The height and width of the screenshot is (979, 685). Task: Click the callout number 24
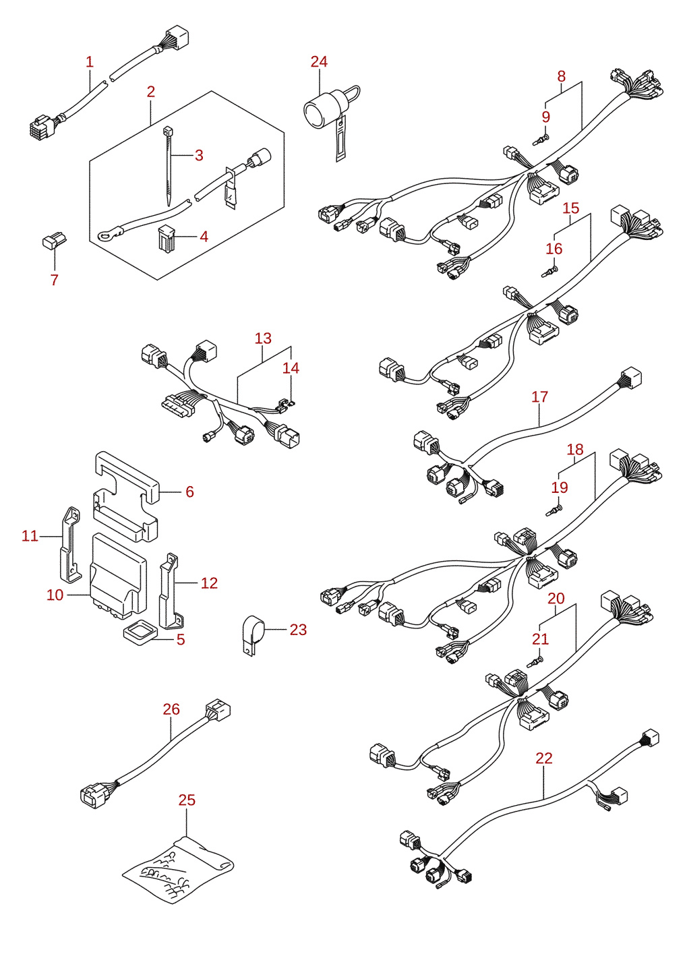[319, 61]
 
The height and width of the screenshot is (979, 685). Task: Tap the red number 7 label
[54, 280]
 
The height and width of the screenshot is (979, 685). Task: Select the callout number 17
[540, 397]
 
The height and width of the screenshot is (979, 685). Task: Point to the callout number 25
[187, 800]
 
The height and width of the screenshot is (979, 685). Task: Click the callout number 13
[263, 338]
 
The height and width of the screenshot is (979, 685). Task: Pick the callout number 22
[544, 759]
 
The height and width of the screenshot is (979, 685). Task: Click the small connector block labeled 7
[54, 241]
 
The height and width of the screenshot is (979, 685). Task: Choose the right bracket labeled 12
[172, 591]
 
